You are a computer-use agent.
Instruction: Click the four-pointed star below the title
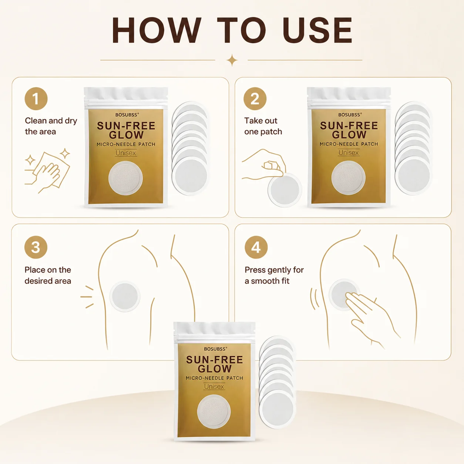pyautogui.click(x=232, y=60)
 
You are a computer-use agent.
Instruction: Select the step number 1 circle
pyautogui.click(x=36, y=99)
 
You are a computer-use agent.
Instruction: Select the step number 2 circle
pyautogui.click(x=255, y=99)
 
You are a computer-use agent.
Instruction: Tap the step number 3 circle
pyautogui.click(x=36, y=247)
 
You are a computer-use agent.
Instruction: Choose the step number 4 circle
pyautogui.click(x=256, y=247)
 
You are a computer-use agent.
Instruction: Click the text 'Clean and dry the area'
pyautogui.click(x=51, y=126)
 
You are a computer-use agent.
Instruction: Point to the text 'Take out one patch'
pyautogui.click(x=263, y=126)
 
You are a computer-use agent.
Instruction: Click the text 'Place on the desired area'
pyautogui.click(x=48, y=275)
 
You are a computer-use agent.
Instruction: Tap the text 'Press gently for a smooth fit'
pyautogui.click(x=274, y=275)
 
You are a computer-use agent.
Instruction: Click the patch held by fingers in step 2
pyautogui.click(x=285, y=189)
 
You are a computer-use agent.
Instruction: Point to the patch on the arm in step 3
pyautogui.click(x=125, y=296)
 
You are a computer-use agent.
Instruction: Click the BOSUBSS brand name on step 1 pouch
pyautogui.click(x=127, y=115)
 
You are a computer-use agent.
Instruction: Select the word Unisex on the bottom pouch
pyautogui.click(x=214, y=386)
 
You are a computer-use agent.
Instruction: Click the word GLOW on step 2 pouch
pyautogui.click(x=349, y=135)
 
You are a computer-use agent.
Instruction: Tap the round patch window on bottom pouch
pyautogui.click(x=214, y=411)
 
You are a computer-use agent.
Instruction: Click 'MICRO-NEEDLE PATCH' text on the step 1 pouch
pyautogui.click(x=126, y=144)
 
